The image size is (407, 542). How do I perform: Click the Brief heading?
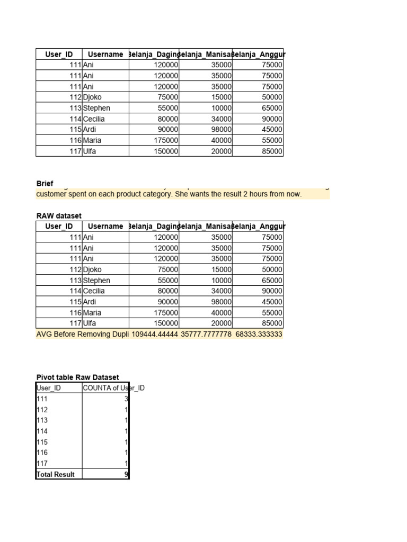click(45, 183)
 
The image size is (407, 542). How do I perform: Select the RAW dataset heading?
click(59, 215)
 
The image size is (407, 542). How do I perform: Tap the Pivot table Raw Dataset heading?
click(77, 377)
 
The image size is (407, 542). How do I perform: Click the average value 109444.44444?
click(155, 334)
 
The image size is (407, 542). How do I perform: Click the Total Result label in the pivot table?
click(55, 474)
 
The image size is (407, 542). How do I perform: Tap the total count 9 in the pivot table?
click(126, 474)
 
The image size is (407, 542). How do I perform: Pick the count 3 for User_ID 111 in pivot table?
click(126, 399)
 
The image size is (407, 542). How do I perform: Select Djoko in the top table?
click(92, 97)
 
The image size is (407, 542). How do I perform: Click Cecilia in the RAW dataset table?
click(94, 291)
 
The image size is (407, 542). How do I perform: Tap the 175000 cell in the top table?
click(166, 140)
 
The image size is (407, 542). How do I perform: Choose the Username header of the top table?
click(105, 54)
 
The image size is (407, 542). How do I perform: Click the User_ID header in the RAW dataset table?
click(59, 226)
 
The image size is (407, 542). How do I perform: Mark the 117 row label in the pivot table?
click(42, 463)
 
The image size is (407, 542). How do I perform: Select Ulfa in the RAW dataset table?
click(90, 323)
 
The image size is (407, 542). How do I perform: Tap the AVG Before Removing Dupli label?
click(82, 334)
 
